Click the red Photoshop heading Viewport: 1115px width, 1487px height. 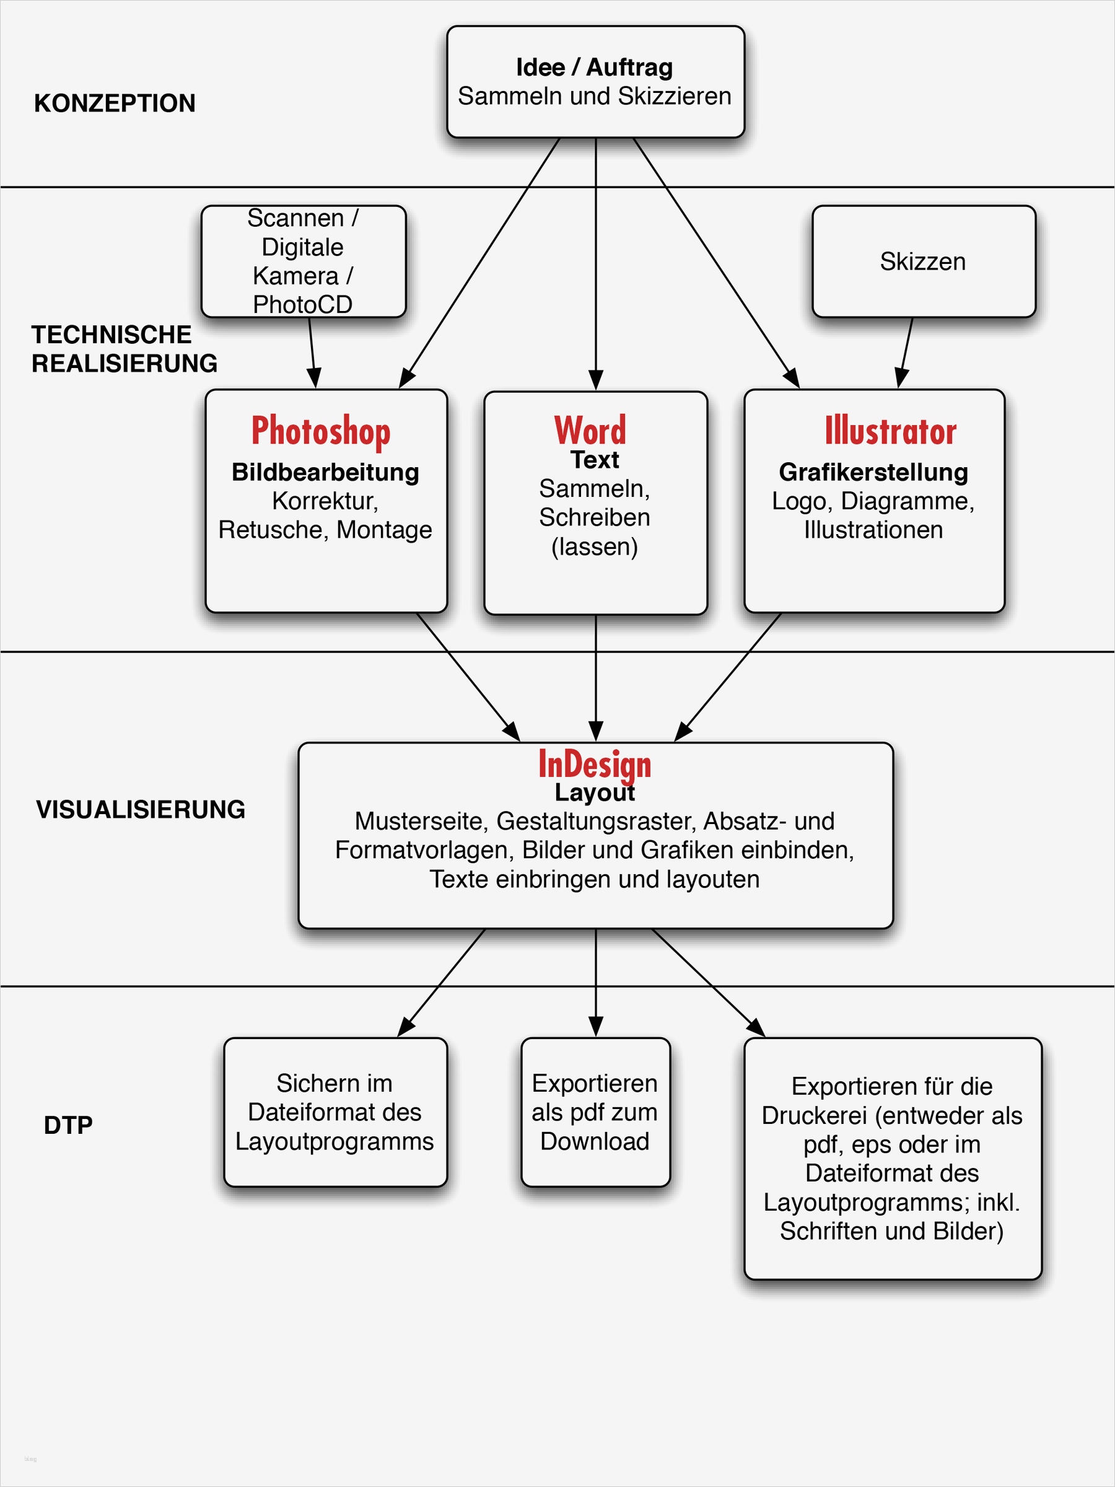tap(321, 431)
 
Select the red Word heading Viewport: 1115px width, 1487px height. tap(590, 430)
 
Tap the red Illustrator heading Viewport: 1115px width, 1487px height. tap(890, 431)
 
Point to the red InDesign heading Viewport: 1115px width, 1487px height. tap(595, 765)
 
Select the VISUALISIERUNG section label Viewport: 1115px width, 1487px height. tap(141, 809)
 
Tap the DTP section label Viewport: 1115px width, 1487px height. tap(68, 1125)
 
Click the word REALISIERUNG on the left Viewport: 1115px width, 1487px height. tap(125, 364)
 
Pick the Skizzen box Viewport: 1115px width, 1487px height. tap(923, 261)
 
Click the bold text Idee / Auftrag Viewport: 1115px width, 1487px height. tap(594, 67)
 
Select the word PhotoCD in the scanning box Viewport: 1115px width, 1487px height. tap(302, 305)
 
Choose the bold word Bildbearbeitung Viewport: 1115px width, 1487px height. tap(325, 472)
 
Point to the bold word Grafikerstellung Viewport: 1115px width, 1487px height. tap(873, 472)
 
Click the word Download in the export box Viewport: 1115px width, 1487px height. tap(595, 1141)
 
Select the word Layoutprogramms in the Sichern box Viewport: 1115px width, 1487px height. tap(334, 1141)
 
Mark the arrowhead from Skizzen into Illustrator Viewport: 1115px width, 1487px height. tap(902, 379)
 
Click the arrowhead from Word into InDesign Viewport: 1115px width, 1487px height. tap(595, 730)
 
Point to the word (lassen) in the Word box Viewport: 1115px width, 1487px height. tap(594, 546)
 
